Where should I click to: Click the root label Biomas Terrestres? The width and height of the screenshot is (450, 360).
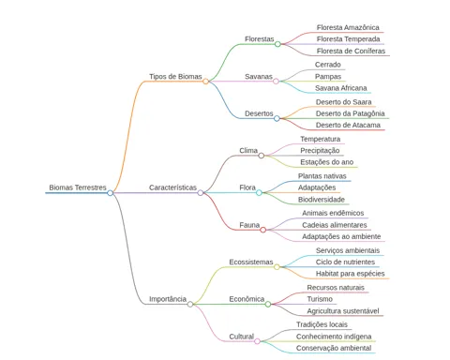click(x=78, y=187)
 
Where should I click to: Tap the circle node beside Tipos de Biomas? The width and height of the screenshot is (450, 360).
click(x=205, y=82)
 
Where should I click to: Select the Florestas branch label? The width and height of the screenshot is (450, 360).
click(x=260, y=39)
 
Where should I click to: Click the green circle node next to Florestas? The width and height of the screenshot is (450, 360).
click(x=277, y=44)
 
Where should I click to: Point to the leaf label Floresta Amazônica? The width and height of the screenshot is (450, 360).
click(x=348, y=27)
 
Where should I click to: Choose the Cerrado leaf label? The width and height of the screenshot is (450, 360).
click(x=328, y=65)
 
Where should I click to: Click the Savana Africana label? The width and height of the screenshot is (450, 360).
click(x=341, y=88)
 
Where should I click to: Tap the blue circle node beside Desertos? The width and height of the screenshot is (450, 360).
click(x=277, y=118)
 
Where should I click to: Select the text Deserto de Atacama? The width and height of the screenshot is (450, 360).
click(x=348, y=125)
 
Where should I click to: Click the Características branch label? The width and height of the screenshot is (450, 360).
click(x=172, y=187)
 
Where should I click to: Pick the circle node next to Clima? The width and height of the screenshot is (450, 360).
click(x=262, y=156)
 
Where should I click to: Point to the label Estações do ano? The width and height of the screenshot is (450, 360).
click(x=327, y=162)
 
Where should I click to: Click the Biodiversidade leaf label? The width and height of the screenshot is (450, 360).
click(x=322, y=200)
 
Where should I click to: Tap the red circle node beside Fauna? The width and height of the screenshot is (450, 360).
click(x=263, y=230)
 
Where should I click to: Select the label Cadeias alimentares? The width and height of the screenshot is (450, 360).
click(x=335, y=225)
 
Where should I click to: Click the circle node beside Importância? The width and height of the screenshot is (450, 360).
click(x=190, y=304)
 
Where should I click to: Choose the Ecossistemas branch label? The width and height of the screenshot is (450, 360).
click(x=251, y=262)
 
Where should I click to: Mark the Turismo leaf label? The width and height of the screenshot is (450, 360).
click(x=320, y=299)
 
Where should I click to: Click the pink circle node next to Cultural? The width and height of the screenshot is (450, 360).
click(x=257, y=341)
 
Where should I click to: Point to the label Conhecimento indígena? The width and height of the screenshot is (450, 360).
click(x=334, y=337)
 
